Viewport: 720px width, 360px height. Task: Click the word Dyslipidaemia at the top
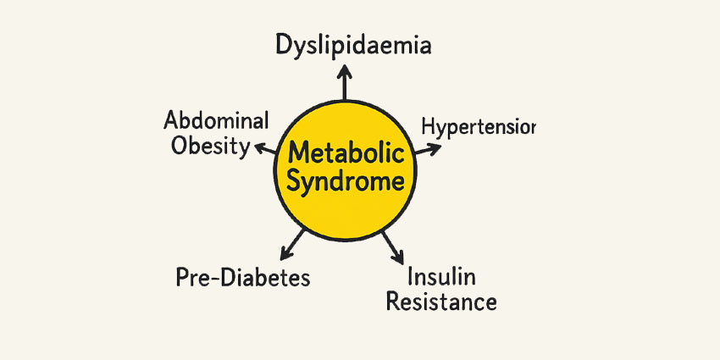click(353, 45)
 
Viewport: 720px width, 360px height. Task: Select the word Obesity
click(210, 146)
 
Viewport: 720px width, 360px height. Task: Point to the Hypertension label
click(478, 128)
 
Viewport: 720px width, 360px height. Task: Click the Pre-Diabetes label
click(243, 277)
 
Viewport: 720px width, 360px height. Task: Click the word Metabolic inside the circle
click(346, 155)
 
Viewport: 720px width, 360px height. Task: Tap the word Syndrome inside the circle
click(346, 181)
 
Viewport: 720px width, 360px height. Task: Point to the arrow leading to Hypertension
click(427, 149)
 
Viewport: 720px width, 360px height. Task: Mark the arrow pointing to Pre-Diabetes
click(294, 242)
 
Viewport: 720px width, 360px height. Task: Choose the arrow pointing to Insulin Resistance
click(392, 246)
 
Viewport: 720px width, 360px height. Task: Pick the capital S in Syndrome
click(295, 181)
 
